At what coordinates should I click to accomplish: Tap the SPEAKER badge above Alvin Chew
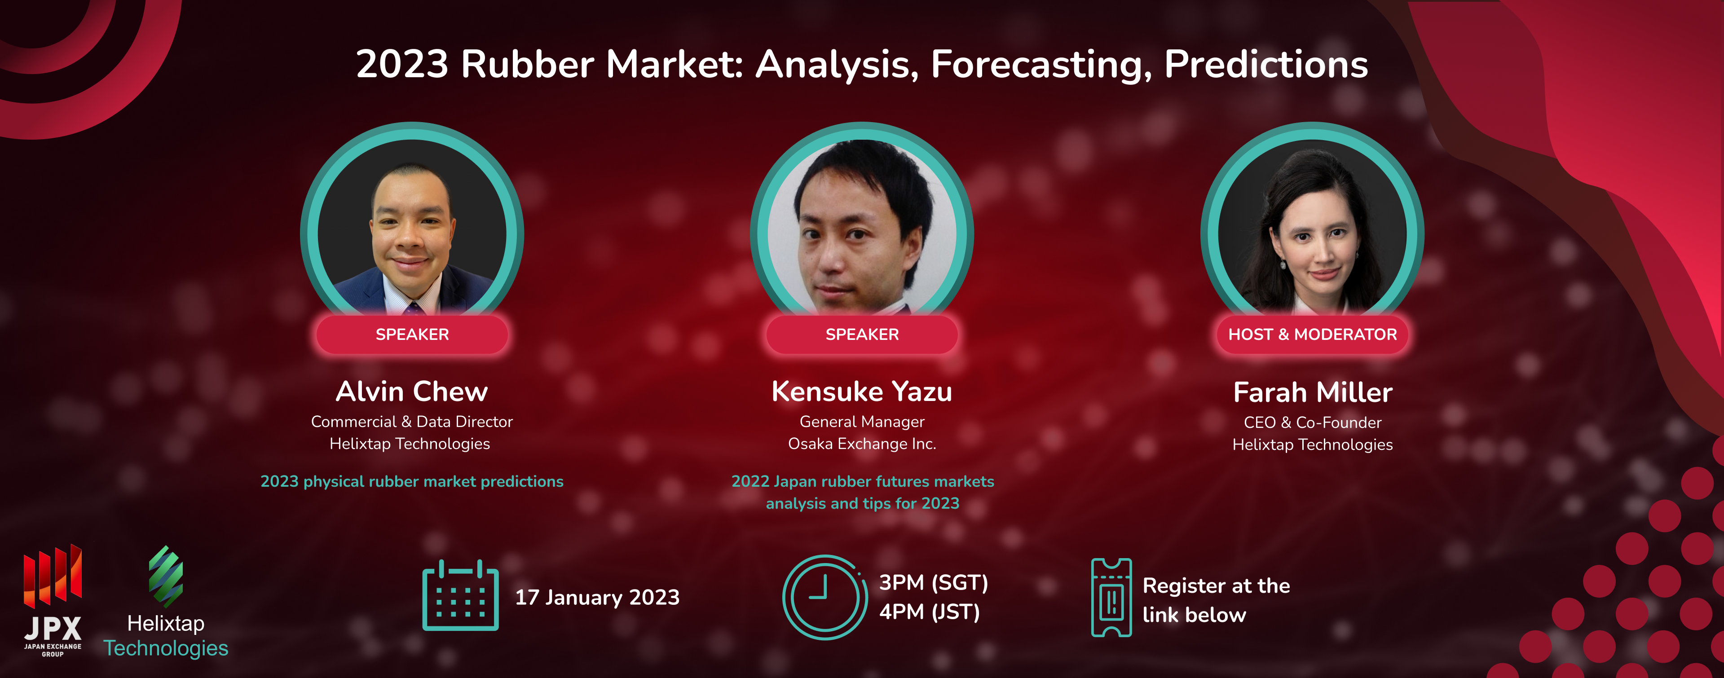click(x=412, y=334)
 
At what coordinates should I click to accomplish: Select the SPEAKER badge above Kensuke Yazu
click(x=862, y=334)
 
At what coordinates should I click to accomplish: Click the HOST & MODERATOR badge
click(x=1312, y=334)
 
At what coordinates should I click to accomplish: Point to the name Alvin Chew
click(x=412, y=392)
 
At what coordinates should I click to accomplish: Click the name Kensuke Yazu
click(x=862, y=392)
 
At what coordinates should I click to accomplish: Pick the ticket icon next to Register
click(x=1111, y=598)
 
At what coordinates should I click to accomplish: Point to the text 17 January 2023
click(x=597, y=597)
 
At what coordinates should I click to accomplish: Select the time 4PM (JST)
click(x=930, y=612)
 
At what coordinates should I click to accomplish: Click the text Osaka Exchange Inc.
click(x=862, y=444)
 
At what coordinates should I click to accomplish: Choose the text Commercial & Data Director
click(x=412, y=422)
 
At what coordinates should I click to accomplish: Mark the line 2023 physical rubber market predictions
click(x=412, y=481)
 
